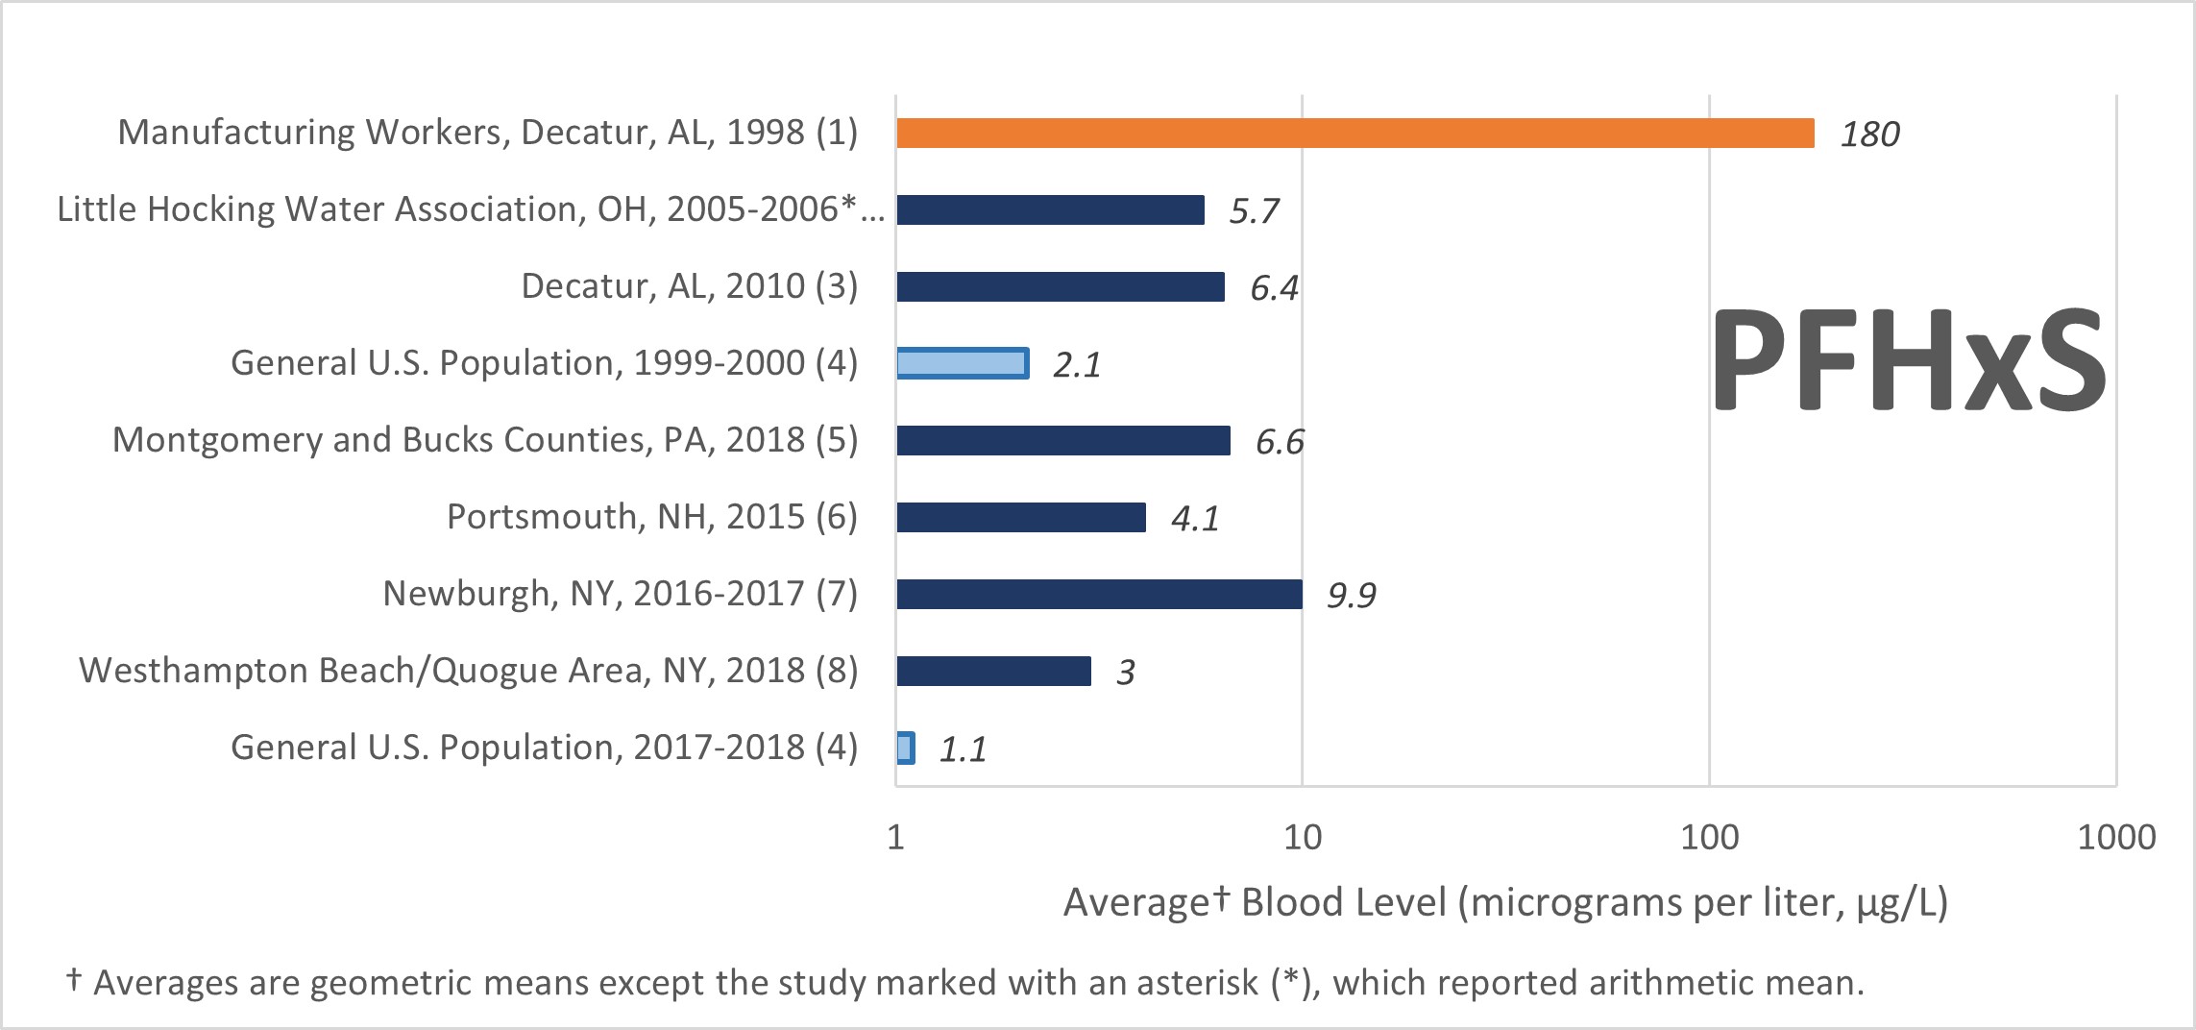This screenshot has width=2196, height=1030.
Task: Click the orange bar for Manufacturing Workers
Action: pyautogui.click(x=1354, y=134)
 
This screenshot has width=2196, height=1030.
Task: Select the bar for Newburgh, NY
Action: pyautogui.click(x=1099, y=594)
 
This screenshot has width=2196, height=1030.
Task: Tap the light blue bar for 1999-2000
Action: pyautogui.click(x=963, y=363)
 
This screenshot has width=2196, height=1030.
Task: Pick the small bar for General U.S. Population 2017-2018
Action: pyautogui.click(x=905, y=748)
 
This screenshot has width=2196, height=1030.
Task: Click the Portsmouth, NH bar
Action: pyautogui.click(x=1020, y=517)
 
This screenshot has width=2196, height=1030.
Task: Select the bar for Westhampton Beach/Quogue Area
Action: pyautogui.click(x=993, y=671)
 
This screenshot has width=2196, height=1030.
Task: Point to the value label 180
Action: pyautogui.click(x=1869, y=135)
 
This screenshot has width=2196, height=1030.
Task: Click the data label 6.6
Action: pyautogui.click(x=1280, y=442)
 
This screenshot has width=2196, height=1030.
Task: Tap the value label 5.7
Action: pyautogui.click(x=1254, y=211)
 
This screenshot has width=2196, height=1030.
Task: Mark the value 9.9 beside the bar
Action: pyautogui.click(x=1351, y=596)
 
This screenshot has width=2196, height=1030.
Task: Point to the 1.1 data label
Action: pyautogui.click(x=963, y=749)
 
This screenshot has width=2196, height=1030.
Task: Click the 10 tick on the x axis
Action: pyautogui.click(x=1302, y=838)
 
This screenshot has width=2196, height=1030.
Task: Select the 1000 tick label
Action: pyautogui.click(x=2115, y=838)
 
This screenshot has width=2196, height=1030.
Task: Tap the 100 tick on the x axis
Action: pyautogui.click(x=1709, y=838)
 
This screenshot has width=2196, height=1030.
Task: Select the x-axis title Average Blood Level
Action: pyautogui.click(x=1504, y=903)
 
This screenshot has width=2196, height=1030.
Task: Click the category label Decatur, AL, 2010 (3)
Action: pyautogui.click(x=689, y=286)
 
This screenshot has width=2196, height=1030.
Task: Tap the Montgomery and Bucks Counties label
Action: pyautogui.click(x=484, y=440)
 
